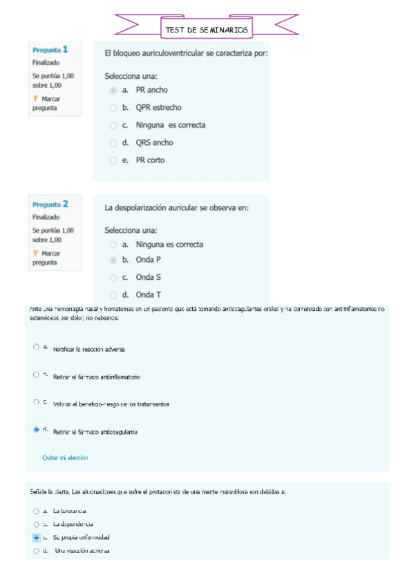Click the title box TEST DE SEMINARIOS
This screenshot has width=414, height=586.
[x=206, y=30]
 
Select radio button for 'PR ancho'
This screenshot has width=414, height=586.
[x=113, y=90]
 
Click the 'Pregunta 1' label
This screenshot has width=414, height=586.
[x=50, y=50]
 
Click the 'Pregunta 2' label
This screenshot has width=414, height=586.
[x=50, y=205]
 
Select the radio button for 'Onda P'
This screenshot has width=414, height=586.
[x=113, y=261]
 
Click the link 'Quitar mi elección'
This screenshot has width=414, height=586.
[x=65, y=457]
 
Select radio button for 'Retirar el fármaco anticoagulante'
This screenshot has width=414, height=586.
[x=36, y=430]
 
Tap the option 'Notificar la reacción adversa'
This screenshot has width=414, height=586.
[x=88, y=350]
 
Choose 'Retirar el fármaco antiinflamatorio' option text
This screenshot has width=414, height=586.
[x=96, y=377]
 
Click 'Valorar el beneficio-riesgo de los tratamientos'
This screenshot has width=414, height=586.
[x=111, y=404]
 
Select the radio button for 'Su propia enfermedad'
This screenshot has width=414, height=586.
[x=36, y=537]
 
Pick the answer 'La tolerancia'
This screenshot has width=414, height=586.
[x=69, y=511]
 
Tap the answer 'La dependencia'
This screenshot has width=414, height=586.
[x=73, y=524]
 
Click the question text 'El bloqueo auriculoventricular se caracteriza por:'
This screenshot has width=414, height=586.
[x=186, y=53]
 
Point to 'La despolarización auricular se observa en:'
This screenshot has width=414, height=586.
[x=176, y=207]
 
